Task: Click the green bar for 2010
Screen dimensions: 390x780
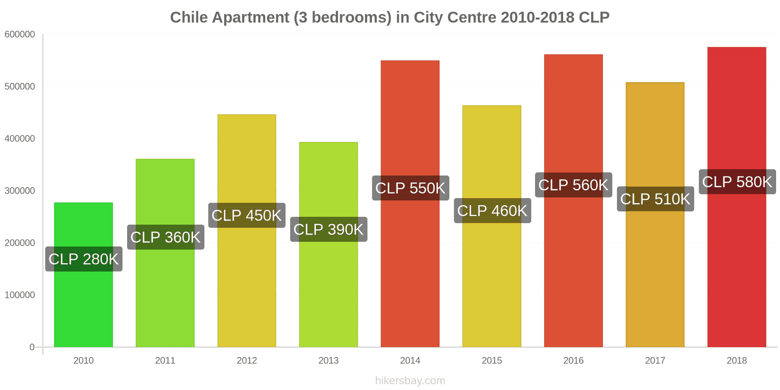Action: tap(83, 302)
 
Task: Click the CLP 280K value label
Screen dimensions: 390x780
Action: tap(83, 259)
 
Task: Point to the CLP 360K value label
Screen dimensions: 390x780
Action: tap(165, 237)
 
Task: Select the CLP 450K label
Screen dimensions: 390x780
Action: tap(247, 215)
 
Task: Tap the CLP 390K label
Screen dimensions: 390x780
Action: tap(329, 230)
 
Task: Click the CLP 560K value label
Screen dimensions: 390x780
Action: tap(573, 185)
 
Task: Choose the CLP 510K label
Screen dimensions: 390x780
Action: tap(655, 199)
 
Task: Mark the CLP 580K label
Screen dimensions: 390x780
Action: tap(737, 182)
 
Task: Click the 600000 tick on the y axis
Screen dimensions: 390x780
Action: tap(20, 35)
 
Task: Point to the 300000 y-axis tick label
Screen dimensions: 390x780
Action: tap(20, 191)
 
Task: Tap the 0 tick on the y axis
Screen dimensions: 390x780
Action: tap(32, 347)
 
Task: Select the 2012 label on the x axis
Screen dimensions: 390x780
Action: tap(247, 361)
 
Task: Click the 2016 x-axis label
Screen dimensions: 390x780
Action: tap(573, 361)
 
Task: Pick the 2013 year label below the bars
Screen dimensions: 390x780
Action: tap(329, 361)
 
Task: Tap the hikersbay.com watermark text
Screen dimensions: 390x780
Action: tap(410, 381)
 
